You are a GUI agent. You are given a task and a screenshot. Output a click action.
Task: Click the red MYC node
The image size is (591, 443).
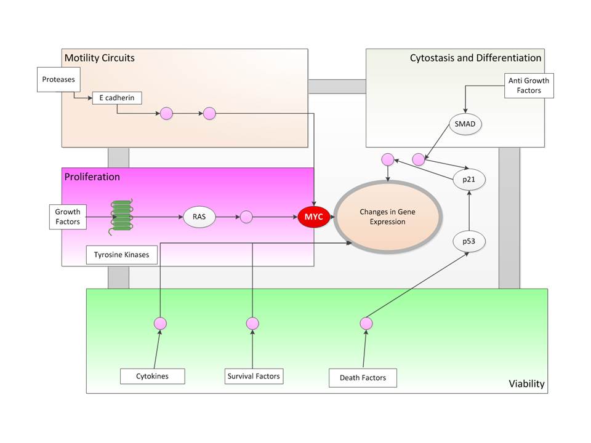click(314, 217)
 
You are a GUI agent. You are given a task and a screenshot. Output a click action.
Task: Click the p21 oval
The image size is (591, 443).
click(469, 180)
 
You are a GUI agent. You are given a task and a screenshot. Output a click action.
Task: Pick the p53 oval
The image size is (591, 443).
click(469, 241)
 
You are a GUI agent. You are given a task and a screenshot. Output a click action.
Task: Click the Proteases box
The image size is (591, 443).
click(58, 79)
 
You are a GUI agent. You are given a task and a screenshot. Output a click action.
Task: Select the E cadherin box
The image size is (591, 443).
click(116, 97)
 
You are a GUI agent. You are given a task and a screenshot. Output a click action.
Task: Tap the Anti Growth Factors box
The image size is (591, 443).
click(529, 85)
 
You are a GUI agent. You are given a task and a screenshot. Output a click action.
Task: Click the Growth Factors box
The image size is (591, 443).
click(68, 217)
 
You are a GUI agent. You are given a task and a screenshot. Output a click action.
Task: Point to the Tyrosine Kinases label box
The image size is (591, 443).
click(121, 254)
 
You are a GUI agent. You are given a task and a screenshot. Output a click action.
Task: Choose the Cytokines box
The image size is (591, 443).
click(152, 375)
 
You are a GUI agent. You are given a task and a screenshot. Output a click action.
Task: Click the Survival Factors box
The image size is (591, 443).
click(253, 375)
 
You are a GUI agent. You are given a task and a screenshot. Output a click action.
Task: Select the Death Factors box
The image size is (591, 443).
click(363, 377)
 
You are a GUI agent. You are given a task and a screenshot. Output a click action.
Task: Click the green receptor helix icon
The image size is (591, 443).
click(121, 217)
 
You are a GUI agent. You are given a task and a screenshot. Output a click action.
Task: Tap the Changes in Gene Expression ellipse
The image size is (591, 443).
click(387, 217)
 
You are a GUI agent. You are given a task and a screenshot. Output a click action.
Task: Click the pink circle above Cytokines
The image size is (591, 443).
click(160, 323)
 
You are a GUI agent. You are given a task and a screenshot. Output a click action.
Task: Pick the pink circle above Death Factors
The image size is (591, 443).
click(366, 323)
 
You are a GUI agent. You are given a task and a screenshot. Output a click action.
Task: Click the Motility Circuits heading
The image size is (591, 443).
click(99, 58)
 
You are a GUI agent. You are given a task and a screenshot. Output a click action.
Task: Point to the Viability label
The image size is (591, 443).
click(526, 384)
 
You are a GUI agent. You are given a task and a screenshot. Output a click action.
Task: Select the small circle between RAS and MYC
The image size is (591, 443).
click(246, 217)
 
